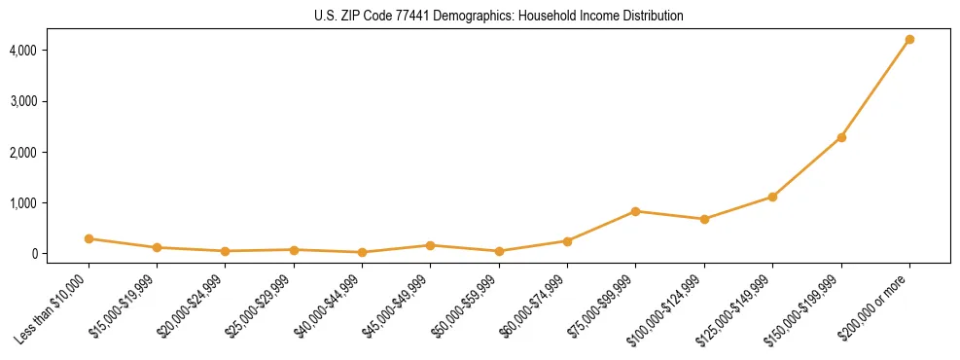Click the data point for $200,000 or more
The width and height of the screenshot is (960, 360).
click(x=909, y=40)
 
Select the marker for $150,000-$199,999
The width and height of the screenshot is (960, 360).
click(x=841, y=137)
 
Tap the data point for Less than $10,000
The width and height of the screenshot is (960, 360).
click(x=89, y=238)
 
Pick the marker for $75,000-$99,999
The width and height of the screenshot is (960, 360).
click(x=635, y=211)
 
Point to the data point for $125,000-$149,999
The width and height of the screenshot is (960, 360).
click(x=772, y=197)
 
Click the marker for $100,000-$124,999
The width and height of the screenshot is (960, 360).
click(x=704, y=219)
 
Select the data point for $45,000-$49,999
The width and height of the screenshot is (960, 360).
click(x=431, y=245)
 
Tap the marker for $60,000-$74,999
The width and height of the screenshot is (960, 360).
click(x=567, y=240)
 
